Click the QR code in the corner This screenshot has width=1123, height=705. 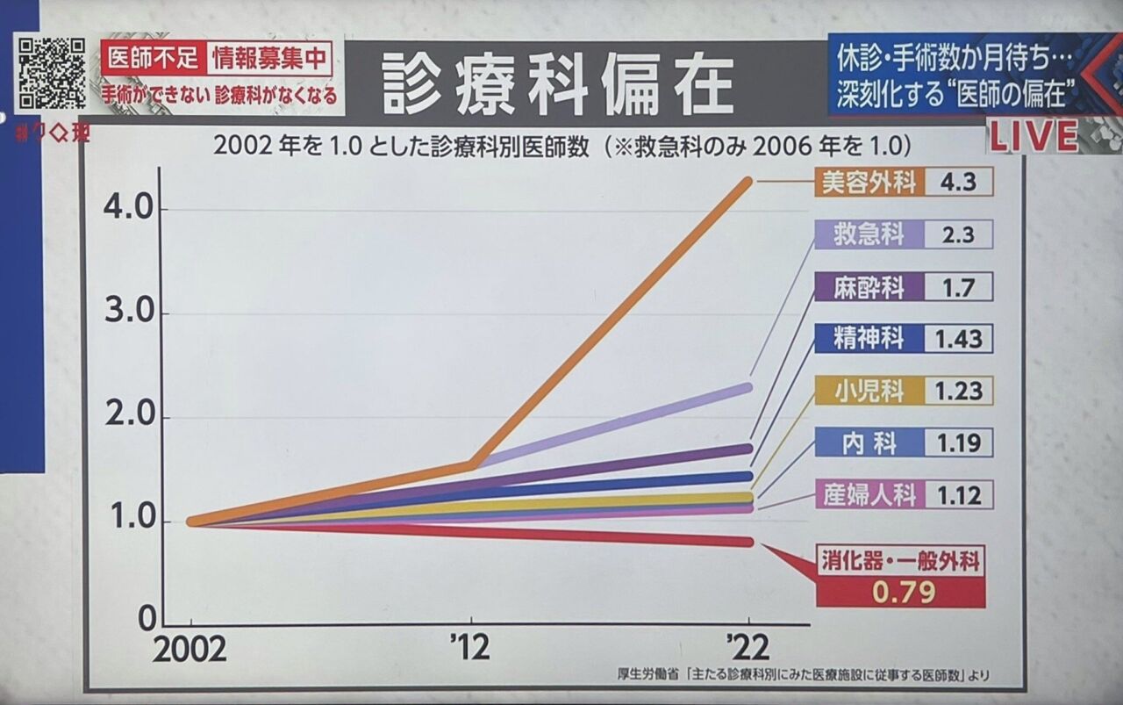point(53,74)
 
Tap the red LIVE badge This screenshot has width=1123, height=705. point(1034,136)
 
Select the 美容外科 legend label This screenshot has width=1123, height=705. point(868,183)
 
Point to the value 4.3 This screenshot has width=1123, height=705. point(958,183)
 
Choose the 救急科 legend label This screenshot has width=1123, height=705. point(868,234)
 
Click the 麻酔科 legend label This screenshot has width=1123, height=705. point(868,286)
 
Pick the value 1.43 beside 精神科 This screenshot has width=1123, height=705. point(958,338)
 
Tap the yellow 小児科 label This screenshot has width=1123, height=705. point(868,391)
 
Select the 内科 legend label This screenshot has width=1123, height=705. point(868,442)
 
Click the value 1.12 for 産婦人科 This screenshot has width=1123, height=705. point(958,494)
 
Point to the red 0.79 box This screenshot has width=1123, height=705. point(901,593)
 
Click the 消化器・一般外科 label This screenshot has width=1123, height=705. point(901,560)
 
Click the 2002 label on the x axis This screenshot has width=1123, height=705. point(190,650)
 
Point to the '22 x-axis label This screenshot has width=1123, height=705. point(748,649)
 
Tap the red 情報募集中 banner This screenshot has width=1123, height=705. point(269,58)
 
